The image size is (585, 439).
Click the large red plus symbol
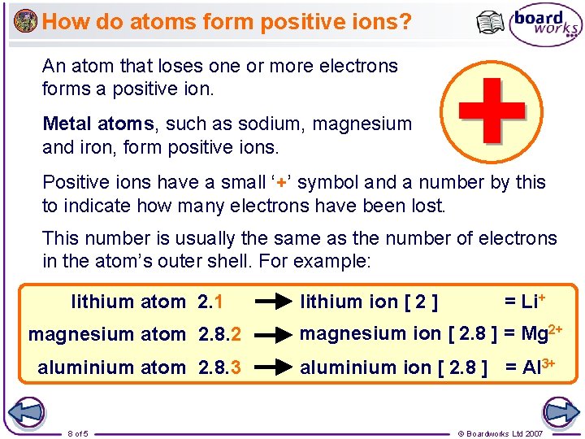pyautogui.click(x=491, y=111)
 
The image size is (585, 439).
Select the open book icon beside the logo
pyautogui.click(x=491, y=23)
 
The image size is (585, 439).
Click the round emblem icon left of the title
pyautogui.click(x=25, y=20)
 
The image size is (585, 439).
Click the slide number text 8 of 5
pyautogui.click(x=78, y=433)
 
